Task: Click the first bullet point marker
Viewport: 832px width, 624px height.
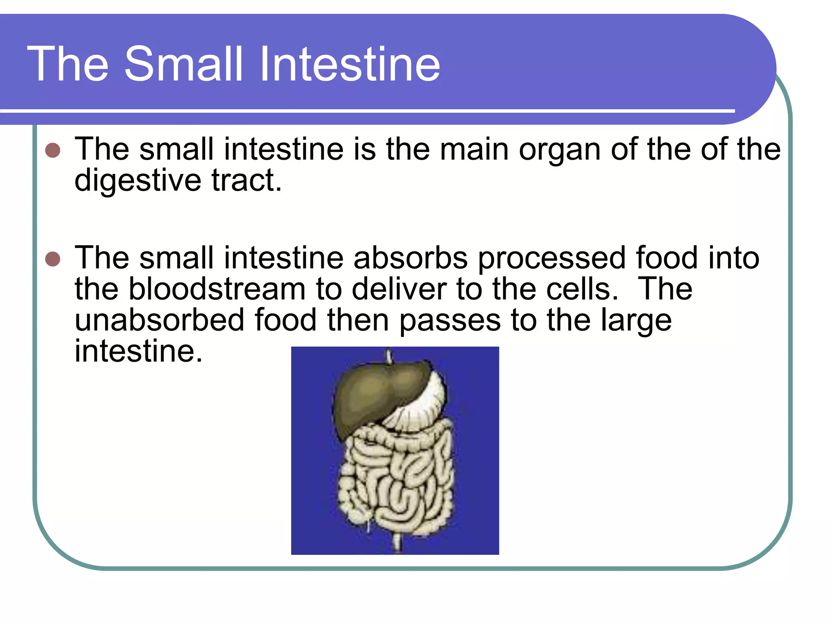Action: click(53, 150)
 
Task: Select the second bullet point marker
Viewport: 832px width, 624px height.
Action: click(53, 259)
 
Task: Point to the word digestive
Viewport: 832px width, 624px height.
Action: click(137, 181)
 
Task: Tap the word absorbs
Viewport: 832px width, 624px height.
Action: click(410, 258)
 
